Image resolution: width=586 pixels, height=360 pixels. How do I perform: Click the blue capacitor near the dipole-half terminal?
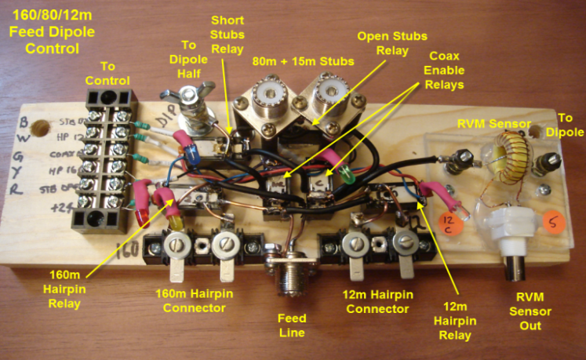pos(191,155)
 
